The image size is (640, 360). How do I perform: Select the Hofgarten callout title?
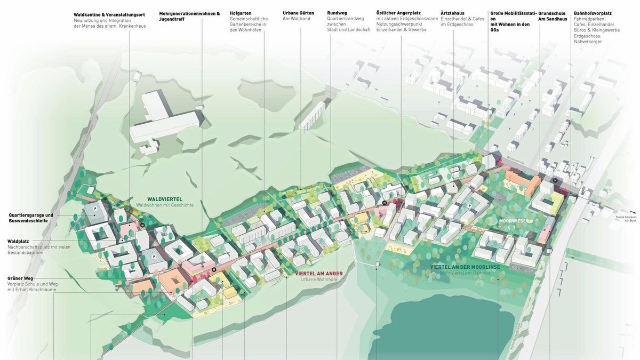pyautogui.click(x=241, y=13)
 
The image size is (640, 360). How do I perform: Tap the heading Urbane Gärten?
pyautogui.click(x=298, y=13)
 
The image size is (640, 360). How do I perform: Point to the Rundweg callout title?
pyautogui.click(x=337, y=13)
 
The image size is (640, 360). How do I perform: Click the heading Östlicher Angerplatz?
pyautogui.click(x=398, y=13)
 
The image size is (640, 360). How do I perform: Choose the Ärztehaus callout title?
pyautogui.click(x=452, y=13)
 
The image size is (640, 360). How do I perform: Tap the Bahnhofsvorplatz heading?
pyautogui.click(x=593, y=13)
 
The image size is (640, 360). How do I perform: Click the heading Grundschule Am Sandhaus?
pyautogui.click(x=553, y=16)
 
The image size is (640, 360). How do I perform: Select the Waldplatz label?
pyautogui.click(x=18, y=241)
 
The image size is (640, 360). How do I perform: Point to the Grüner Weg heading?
pyautogui.click(x=20, y=278)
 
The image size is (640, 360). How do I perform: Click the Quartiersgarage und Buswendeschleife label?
pyautogui.click(x=31, y=218)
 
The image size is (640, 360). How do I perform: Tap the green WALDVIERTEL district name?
pyautogui.click(x=164, y=199)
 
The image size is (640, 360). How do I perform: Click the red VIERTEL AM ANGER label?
pyautogui.click(x=319, y=273)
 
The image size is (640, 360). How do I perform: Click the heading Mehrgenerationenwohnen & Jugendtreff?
pyautogui.click(x=189, y=16)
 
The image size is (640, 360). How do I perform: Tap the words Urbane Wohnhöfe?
pyautogui.click(x=319, y=279)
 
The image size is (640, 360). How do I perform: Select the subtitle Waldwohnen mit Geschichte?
pyautogui.click(x=164, y=205)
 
